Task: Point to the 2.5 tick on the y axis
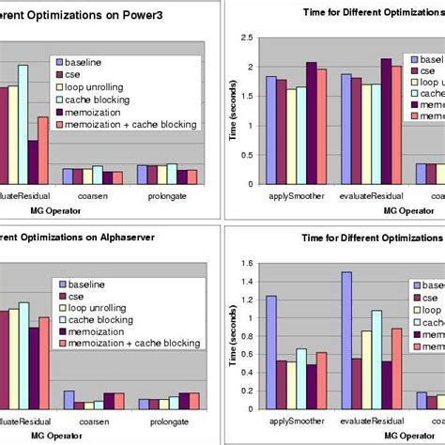pos(246,38)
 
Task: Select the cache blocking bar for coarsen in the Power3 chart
pos(100,175)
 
